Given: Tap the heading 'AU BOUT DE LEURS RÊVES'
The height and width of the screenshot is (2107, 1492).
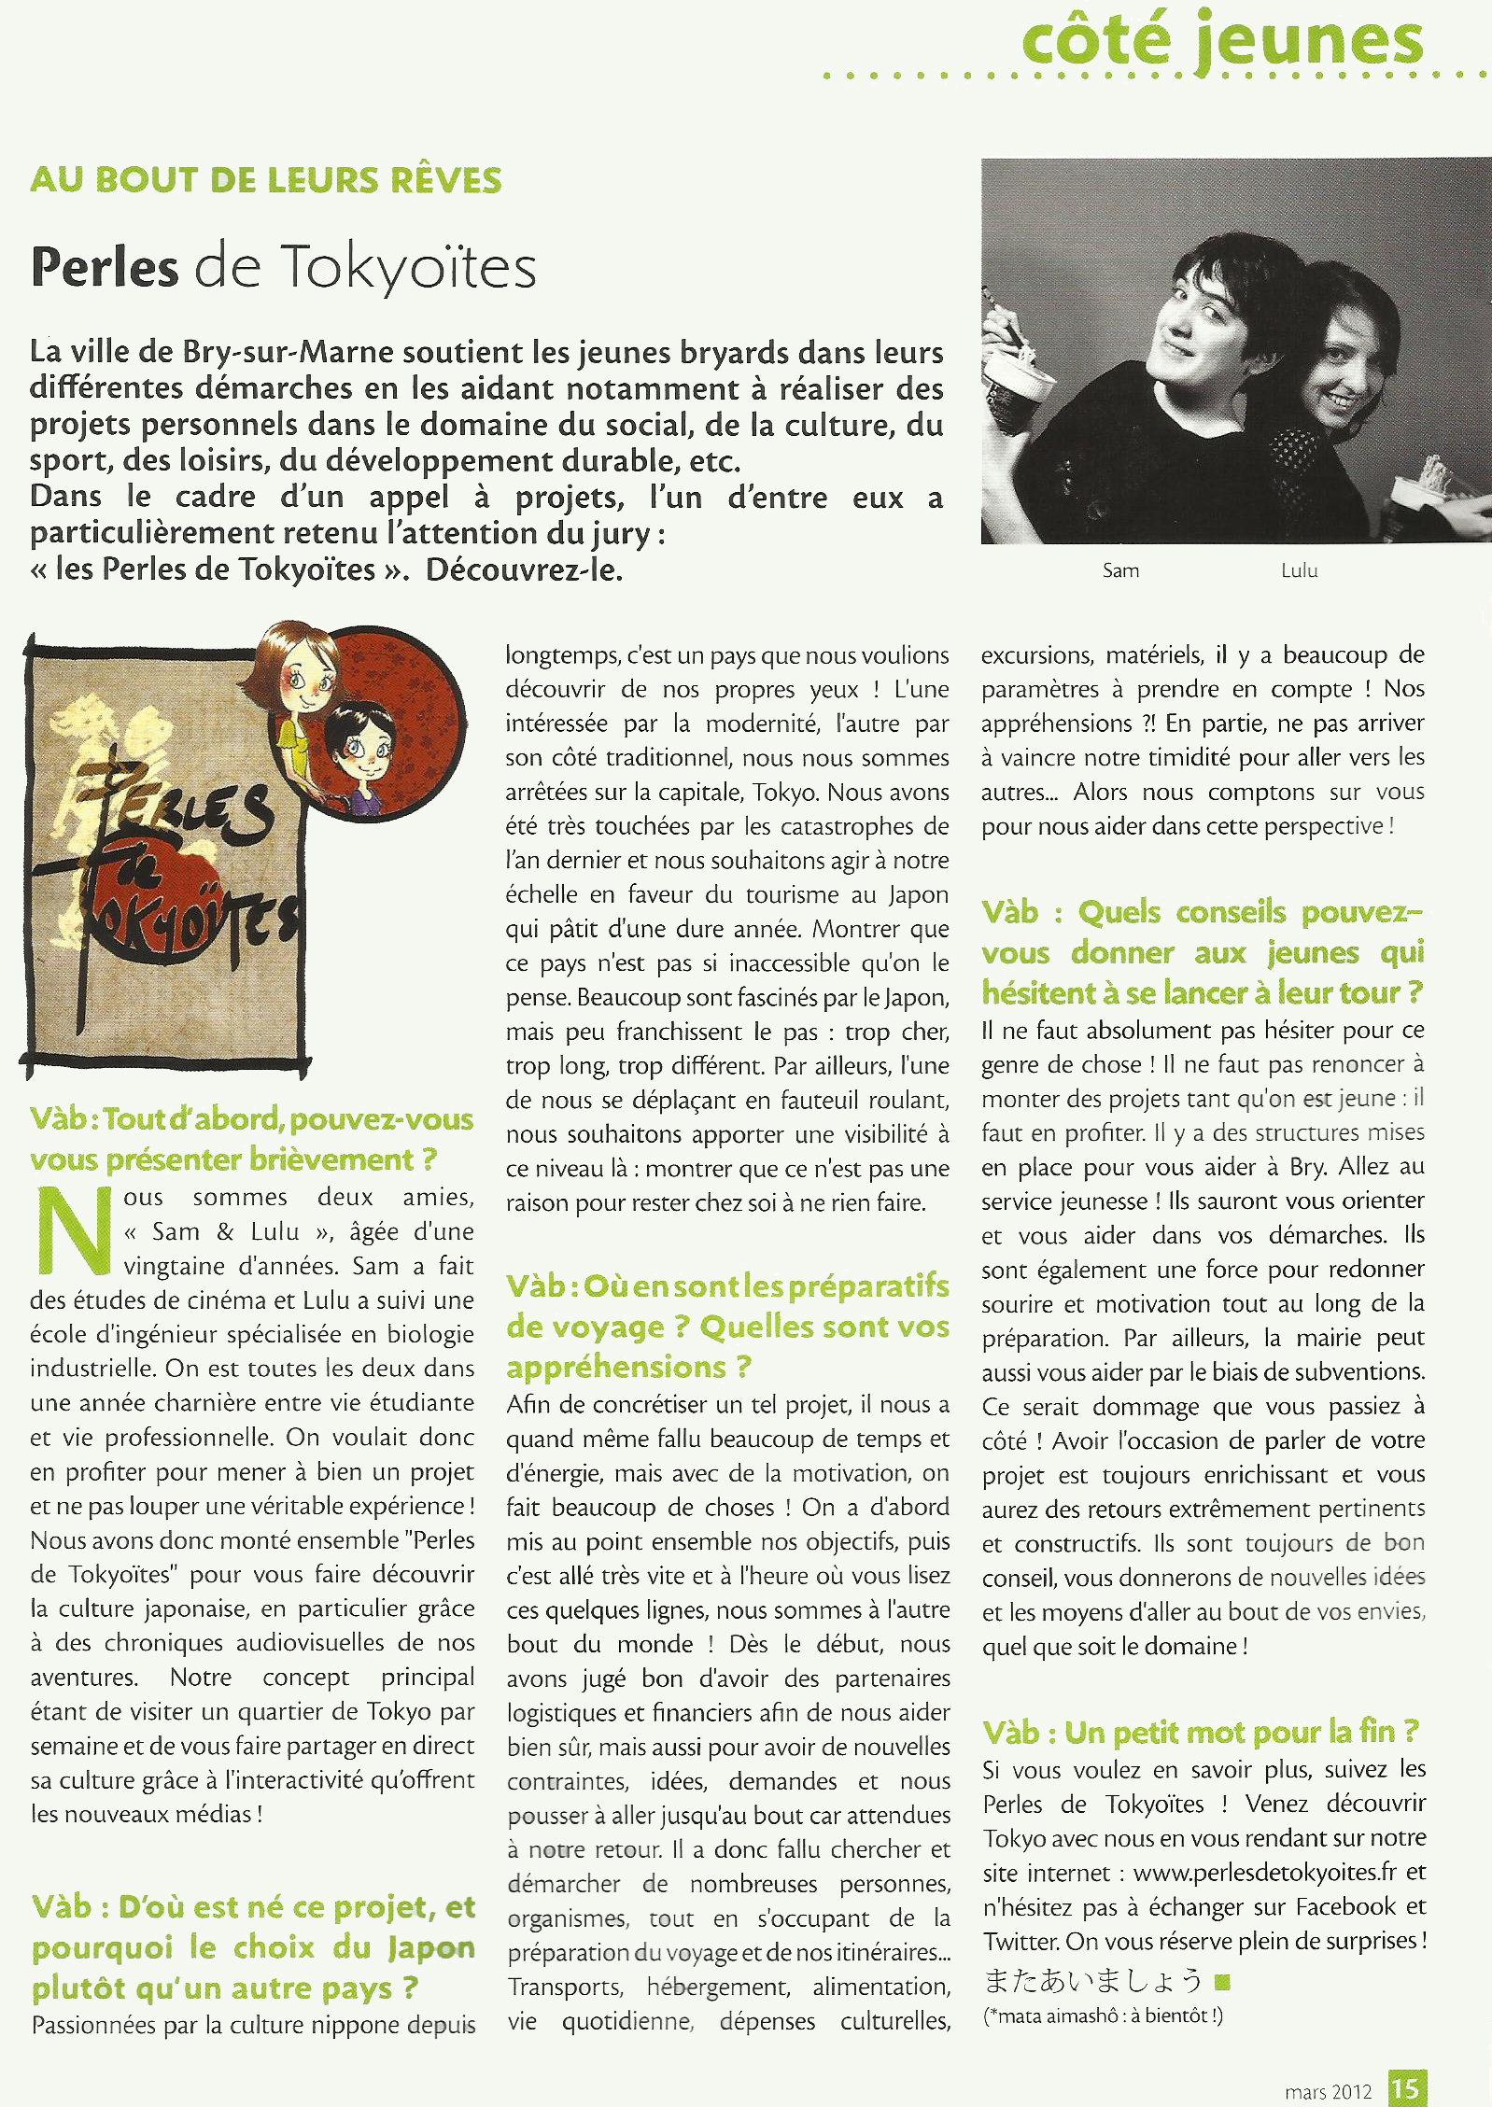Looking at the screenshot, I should point(266,180).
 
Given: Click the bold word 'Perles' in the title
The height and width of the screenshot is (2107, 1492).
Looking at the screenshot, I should point(105,267).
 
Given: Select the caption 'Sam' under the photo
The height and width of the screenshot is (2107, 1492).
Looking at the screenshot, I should point(1120,570).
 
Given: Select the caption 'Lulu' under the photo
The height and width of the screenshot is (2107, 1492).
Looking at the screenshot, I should point(1299,570).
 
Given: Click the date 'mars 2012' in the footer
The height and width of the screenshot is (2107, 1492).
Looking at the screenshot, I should point(1328,2091).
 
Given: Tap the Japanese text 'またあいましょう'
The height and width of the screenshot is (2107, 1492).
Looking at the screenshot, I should point(1092,1981).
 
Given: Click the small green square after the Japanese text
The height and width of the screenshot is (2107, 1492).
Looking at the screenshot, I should point(1222,1981).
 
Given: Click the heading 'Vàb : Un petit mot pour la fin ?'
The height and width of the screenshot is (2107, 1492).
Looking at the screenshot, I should point(1201,1733).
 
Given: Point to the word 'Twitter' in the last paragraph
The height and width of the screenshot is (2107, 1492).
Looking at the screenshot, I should point(1020,1942).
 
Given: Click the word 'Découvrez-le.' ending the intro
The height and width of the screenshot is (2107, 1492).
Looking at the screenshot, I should point(524,569).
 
